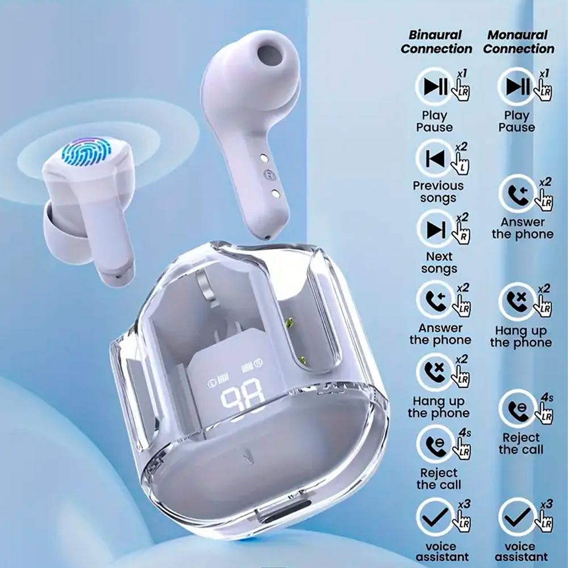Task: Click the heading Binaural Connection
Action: (436, 41)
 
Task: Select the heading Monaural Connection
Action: (519, 41)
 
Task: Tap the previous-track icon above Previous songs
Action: (435, 158)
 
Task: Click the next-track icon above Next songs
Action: (436, 229)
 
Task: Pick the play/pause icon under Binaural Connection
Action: (433, 87)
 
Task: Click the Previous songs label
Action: (438, 192)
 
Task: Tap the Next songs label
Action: (439, 262)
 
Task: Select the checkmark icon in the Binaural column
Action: (435, 517)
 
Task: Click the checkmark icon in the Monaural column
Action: (517, 517)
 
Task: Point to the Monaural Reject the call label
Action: (521, 444)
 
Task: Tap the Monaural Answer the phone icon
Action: (517, 194)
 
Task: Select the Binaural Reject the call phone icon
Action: (435, 445)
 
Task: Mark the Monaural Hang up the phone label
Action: (521, 336)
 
